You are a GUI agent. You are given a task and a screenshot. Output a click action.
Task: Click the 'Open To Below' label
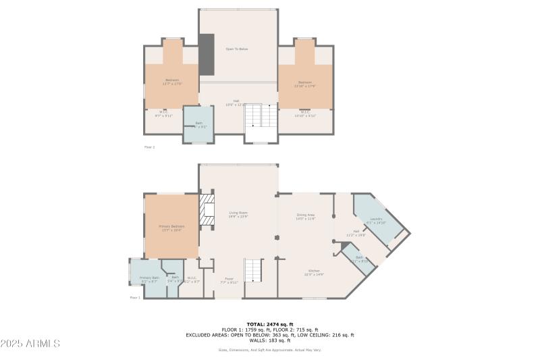coord(236,49)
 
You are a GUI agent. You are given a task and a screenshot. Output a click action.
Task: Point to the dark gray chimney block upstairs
coord(207,55)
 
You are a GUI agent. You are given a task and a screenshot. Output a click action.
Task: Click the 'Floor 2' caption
coord(150,147)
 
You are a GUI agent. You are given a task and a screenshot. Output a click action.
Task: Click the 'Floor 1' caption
coord(135,297)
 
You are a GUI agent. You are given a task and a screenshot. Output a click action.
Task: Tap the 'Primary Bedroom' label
coord(171,226)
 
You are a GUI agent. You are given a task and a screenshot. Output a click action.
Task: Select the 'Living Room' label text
coord(238,213)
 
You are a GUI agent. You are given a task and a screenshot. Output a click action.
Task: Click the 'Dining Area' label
coord(306,215)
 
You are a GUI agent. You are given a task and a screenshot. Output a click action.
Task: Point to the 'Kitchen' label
coord(314,272)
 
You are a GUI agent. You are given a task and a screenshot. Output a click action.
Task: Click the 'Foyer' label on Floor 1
coord(229,279)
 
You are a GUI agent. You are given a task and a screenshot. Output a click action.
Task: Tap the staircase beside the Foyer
coord(254,270)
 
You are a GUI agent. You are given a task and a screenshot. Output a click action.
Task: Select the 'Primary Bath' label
coord(149,278)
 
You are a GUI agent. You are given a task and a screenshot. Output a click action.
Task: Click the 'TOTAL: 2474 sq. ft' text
coord(270,324)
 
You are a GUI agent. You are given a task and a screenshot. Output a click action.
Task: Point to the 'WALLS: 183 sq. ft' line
coord(270,340)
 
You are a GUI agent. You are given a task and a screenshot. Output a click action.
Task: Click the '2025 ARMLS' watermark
coord(30,343)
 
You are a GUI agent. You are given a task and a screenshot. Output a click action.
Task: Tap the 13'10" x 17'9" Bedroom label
coord(305,82)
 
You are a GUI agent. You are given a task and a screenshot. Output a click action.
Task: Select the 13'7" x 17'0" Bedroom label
coord(172,81)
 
